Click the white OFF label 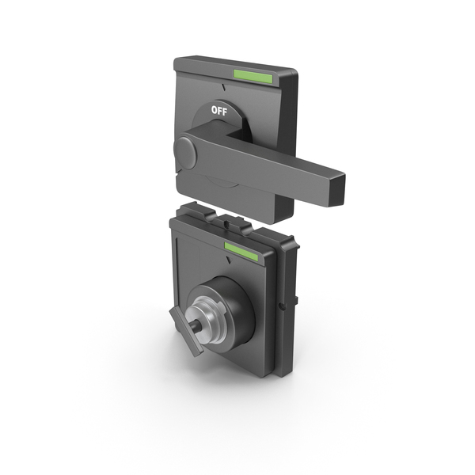click(219, 111)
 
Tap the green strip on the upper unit click(253, 76)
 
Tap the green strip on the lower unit click(241, 251)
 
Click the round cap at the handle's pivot click(185, 153)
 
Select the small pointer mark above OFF click(224, 88)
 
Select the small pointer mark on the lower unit click(229, 260)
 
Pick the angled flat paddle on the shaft click(186, 331)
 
